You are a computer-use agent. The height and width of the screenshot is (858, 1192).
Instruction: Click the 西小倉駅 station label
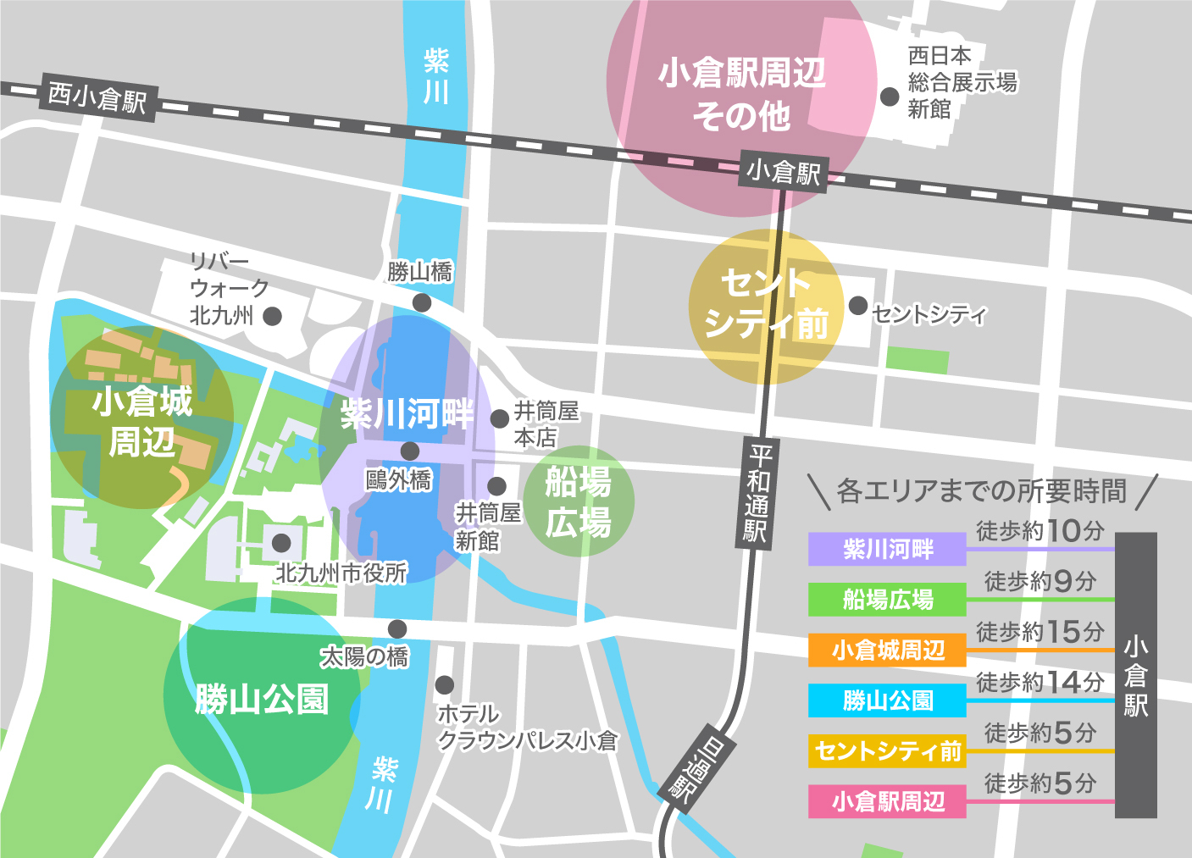[97, 98]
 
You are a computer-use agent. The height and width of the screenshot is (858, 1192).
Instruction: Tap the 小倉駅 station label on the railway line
[783, 172]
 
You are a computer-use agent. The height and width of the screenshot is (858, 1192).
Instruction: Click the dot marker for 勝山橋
[421, 302]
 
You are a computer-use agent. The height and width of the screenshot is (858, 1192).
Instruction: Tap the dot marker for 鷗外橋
[410, 451]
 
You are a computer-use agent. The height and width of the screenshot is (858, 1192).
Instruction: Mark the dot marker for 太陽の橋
[397, 628]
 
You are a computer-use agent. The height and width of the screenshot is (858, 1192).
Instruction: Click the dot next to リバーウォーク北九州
[272, 316]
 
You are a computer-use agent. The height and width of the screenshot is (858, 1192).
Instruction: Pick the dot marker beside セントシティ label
[858, 306]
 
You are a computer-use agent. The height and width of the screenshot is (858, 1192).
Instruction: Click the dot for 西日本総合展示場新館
[890, 97]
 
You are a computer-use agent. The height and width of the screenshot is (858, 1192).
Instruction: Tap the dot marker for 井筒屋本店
[500, 418]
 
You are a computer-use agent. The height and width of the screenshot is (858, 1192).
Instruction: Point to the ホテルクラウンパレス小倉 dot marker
[444, 684]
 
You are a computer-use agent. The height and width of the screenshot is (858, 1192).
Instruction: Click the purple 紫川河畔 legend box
[887, 550]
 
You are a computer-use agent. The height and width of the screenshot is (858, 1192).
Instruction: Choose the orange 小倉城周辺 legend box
[887, 650]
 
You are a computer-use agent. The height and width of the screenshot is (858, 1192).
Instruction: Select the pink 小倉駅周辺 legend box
[887, 801]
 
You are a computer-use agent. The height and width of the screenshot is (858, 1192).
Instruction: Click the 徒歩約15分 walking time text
[1040, 632]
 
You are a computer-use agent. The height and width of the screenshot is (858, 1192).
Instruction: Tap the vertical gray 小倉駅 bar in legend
[1135, 675]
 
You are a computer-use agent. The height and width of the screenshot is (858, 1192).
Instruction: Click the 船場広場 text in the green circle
[579, 502]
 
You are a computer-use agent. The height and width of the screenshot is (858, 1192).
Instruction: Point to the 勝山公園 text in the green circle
[261, 700]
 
